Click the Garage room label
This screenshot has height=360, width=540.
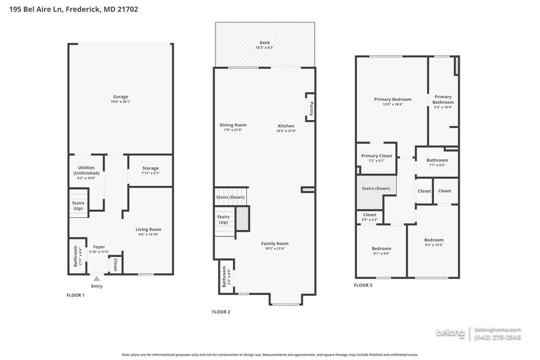pyautogui.click(x=121, y=97)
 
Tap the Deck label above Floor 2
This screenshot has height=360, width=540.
pyautogui.click(x=264, y=43)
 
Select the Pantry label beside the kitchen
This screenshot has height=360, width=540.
pyautogui.click(x=311, y=108)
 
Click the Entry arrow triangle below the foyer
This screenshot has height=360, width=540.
pyautogui.click(x=97, y=279)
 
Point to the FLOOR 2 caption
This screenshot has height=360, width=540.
pyautogui.click(x=221, y=312)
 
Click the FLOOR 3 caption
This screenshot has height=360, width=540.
pyautogui.click(x=363, y=285)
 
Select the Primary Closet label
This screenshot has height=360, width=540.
pyautogui.click(x=377, y=156)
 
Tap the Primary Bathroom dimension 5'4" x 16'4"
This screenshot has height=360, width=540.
pyautogui.click(x=443, y=107)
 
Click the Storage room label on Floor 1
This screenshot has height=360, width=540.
pyautogui.click(x=150, y=168)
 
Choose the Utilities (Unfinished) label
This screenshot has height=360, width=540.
pyautogui.click(x=86, y=170)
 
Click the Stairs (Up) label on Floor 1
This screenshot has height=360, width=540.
pyautogui.click(x=78, y=206)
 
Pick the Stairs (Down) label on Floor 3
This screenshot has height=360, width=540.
pyautogui.click(x=376, y=189)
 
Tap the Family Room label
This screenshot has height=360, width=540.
pyautogui.click(x=275, y=243)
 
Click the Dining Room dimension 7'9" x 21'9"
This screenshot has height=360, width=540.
pyautogui.click(x=233, y=130)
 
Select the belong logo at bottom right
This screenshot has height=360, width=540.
pyautogui.click(x=450, y=333)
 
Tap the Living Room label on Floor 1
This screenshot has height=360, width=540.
pyautogui.click(x=148, y=230)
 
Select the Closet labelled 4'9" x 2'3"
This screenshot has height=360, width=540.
pyautogui.click(x=370, y=215)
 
